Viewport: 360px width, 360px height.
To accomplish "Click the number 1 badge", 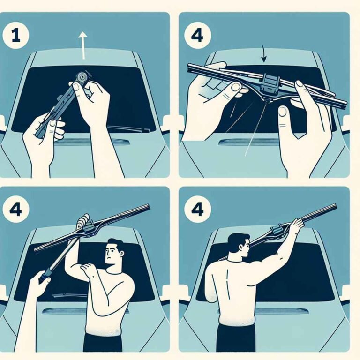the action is tap(16, 36).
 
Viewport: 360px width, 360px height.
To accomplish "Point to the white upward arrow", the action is tap(83, 45).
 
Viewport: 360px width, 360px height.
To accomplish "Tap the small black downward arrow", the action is tap(263, 54).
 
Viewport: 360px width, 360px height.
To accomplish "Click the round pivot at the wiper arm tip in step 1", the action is tap(82, 76).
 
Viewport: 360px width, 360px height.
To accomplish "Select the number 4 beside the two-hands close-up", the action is tap(197, 36).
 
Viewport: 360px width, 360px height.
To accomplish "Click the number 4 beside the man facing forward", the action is tap(16, 210).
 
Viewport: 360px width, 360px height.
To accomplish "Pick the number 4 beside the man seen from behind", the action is tap(197, 210).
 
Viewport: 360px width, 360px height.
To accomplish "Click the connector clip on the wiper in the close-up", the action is tap(270, 84).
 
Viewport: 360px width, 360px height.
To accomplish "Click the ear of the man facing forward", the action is tap(122, 253).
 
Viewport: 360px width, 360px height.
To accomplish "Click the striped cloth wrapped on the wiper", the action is tap(83, 221).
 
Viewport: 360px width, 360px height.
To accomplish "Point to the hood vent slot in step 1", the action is tap(92, 142).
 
